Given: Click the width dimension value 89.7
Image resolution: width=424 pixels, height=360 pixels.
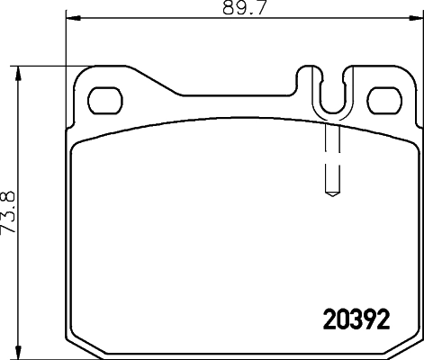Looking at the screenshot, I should [242, 9].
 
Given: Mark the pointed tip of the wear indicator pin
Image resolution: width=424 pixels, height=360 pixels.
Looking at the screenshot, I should [330, 192].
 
